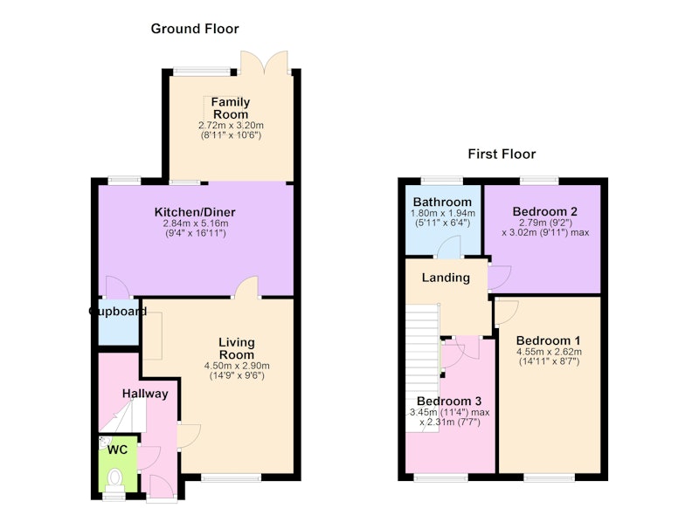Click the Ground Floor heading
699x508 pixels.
pyautogui.click(x=195, y=29)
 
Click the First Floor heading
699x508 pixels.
pyautogui.click(x=502, y=154)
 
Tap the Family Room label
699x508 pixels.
pyautogui.click(x=231, y=108)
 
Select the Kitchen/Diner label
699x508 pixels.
pyautogui.click(x=195, y=212)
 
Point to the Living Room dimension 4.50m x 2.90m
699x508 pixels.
pyautogui.click(x=237, y=366)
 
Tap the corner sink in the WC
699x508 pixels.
pyautogui.click(x=104, y=443)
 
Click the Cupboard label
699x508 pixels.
pyautogui.click(x=118, y=312)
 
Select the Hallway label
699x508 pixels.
pyautogui.click(x=145, y=394)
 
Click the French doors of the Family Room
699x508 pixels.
pyautogui.click(x=264, y=62)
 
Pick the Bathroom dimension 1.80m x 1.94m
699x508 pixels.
pyautogui.click(x=443, y=213)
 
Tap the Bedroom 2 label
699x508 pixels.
pyautogui.click(x=544, y=211)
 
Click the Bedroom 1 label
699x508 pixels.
pyautogui.click(x=549, y=340)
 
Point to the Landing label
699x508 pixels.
pyautogui.click(x=446, y=278)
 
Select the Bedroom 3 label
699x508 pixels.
pyautogui.click(x=449, y=402)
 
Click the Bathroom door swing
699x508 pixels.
pyautogui.click(x=448, y=247)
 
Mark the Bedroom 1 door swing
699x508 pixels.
pyautogui.click(x=507, y=312)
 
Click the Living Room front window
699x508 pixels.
pyautogui.click(x=231, y=477)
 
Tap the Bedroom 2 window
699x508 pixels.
pyautogui.click(x=539, y=181)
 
